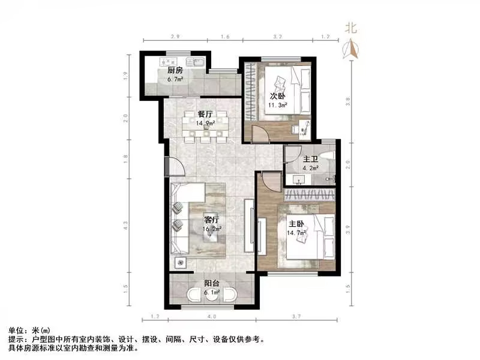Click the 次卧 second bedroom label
pos(277,96)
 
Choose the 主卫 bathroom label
pos(310,159)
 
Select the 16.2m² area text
pos(213,229)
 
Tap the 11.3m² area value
pos(277,105)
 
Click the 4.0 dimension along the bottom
pos(211,316)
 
